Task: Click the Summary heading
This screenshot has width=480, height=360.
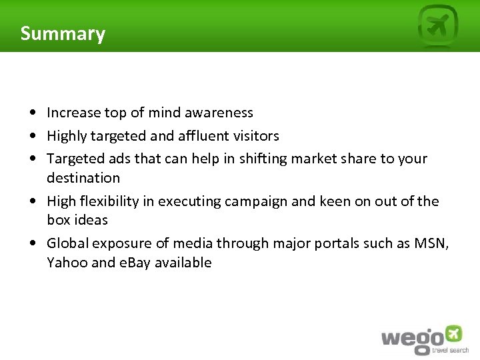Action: click(63, 33)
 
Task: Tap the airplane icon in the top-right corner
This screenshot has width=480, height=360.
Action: click(438, 27)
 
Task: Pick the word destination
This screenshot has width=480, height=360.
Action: click(83, 178)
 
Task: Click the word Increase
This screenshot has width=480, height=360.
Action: click(73, 113)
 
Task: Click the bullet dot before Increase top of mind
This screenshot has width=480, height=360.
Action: click(33, 113)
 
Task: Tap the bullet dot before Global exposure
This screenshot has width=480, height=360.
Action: click(33, 244)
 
